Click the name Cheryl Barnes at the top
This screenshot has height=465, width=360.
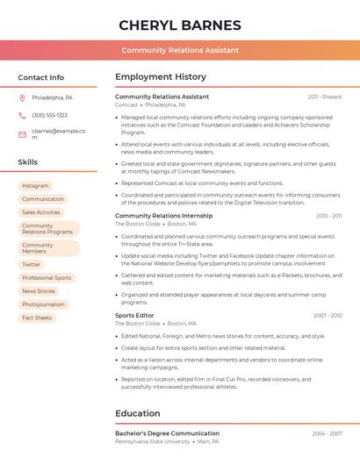pos(180,25)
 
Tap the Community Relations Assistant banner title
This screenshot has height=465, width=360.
pos(180,50)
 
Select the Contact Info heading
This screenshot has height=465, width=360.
pos(40,77)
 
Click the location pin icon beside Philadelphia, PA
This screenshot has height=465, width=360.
pos(22,98)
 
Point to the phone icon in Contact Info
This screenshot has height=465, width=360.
pos(22,115)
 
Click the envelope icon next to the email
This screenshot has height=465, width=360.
pos(22,134)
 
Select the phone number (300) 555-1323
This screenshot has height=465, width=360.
pos(49,115)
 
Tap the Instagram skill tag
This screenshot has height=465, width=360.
pos(35,186)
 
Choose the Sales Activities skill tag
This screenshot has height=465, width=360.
pos(41,212)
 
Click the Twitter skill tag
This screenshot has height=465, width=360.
pos(32,264)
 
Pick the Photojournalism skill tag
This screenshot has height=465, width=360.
pos(43,304)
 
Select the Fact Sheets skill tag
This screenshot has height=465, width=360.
pos(37,318)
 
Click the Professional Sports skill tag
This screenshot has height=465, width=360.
pos(47,277)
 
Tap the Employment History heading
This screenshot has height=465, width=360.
pos(161,77)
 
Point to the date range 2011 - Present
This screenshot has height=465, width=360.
pos(325,97)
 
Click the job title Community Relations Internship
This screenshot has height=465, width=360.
pos(163,215)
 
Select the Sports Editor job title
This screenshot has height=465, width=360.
pos(134,315)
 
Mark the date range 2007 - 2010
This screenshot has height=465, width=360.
pos(328,315)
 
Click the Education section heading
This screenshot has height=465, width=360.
pos(138,413)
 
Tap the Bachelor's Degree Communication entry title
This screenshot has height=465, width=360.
pos(167,433)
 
